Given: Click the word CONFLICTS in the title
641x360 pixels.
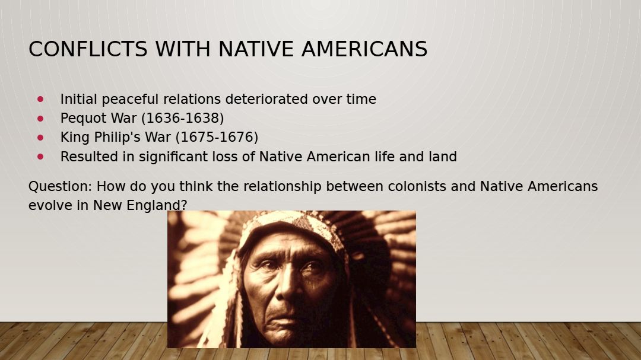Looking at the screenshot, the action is (x=88, y=49).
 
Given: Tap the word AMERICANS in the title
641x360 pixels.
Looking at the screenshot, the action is (x=364, y=49).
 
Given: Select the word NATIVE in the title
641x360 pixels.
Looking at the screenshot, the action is (x=255, y=49).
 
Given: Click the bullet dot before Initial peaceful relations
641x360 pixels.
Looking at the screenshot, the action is (x=40, y=99).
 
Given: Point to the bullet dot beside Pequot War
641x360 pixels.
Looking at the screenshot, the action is (x=40, y=118).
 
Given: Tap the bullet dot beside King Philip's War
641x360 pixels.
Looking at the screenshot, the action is (x=40, y=138).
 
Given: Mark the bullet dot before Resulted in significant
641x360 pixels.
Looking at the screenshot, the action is (x=40, y=157).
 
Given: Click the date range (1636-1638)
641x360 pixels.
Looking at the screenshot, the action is (x=182, y=118).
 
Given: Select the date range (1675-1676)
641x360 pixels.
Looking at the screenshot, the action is (x=217, y=138).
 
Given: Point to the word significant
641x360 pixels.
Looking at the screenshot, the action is (x=188, y=157).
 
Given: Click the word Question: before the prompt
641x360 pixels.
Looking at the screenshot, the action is (x=61, y=187).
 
